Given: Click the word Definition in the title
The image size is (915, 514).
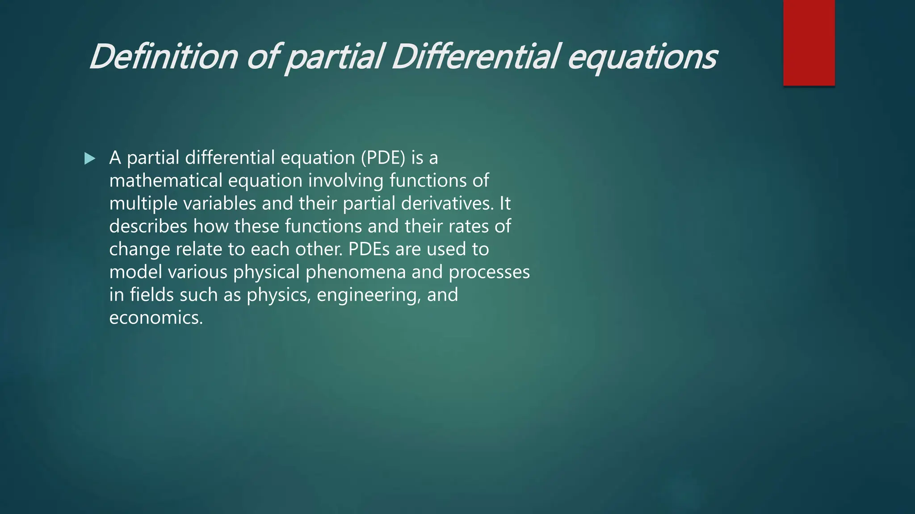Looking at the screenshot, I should tap(164, 57).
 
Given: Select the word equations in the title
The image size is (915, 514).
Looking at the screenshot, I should tap(642, 58).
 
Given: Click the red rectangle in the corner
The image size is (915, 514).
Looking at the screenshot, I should tap(809, 43).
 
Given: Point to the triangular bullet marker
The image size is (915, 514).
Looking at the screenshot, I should tap(90, 158).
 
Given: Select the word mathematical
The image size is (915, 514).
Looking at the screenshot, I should tap(166, 181).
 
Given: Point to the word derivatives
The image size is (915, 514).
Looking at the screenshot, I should tap(447, 203).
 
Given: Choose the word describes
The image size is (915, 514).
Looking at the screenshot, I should tap(148, 226).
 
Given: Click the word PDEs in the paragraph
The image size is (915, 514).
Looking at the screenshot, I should tap(369, 249).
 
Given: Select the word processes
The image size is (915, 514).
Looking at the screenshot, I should tap(489, 272).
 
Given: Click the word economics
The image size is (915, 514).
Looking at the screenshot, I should tap(156, 318).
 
